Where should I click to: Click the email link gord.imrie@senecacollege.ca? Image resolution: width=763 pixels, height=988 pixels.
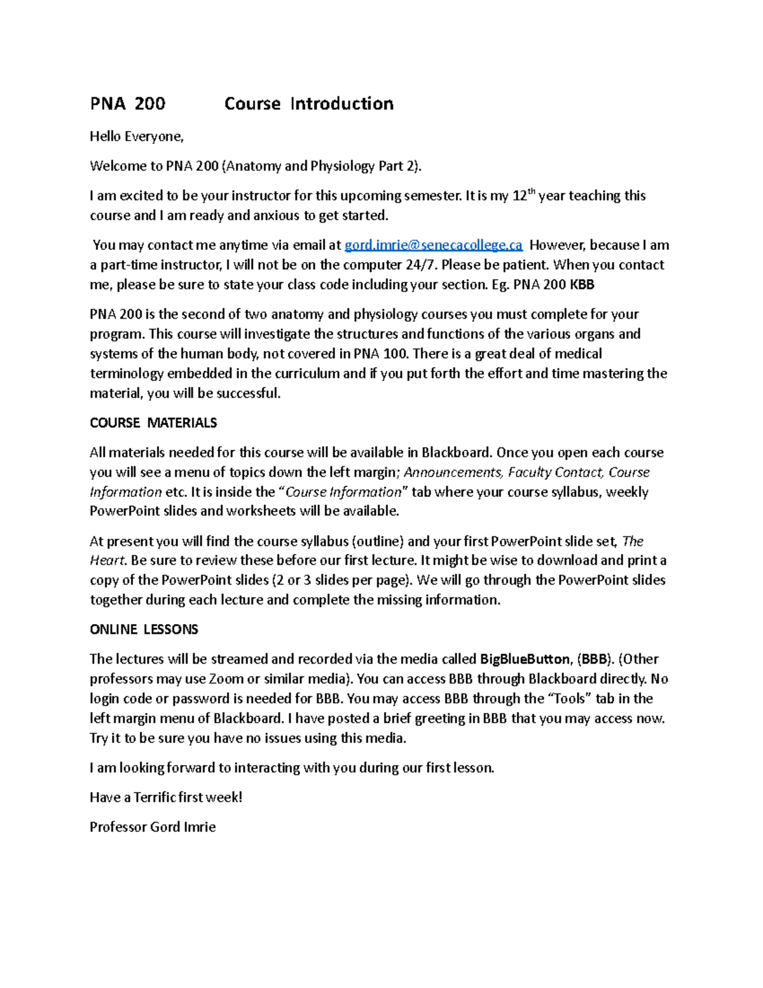pyautogui.click(x=433, y=246)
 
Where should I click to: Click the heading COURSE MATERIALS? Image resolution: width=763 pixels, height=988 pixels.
pyautogui.click(x=153, y=423)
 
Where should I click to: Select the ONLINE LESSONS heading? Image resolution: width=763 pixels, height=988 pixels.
pyautogui.click(x=144, y=630)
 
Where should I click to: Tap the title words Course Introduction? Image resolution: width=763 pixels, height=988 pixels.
pyautogui.click(x=309, y=104)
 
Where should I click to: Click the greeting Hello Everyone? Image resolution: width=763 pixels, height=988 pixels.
pyautogui.click(x=136, y=137)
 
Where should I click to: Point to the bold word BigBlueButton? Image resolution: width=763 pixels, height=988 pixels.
pyautogui.click(x=525, y=659)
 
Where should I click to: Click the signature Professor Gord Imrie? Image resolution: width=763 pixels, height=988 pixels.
pyautogui.click(x=153, y=827)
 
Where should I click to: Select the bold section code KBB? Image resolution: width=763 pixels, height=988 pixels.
pyautogui.click(x=582, y=285)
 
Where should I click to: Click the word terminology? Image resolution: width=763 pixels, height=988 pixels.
pyautogui.click(x=127, y=373)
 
